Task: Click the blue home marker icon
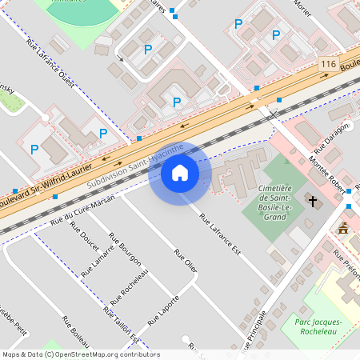pyautogui.click(x=180, y=172)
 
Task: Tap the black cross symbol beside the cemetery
pyautogui.click(x=313, y=201)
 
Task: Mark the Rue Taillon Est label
pyautogui.click(x=120, y=325)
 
